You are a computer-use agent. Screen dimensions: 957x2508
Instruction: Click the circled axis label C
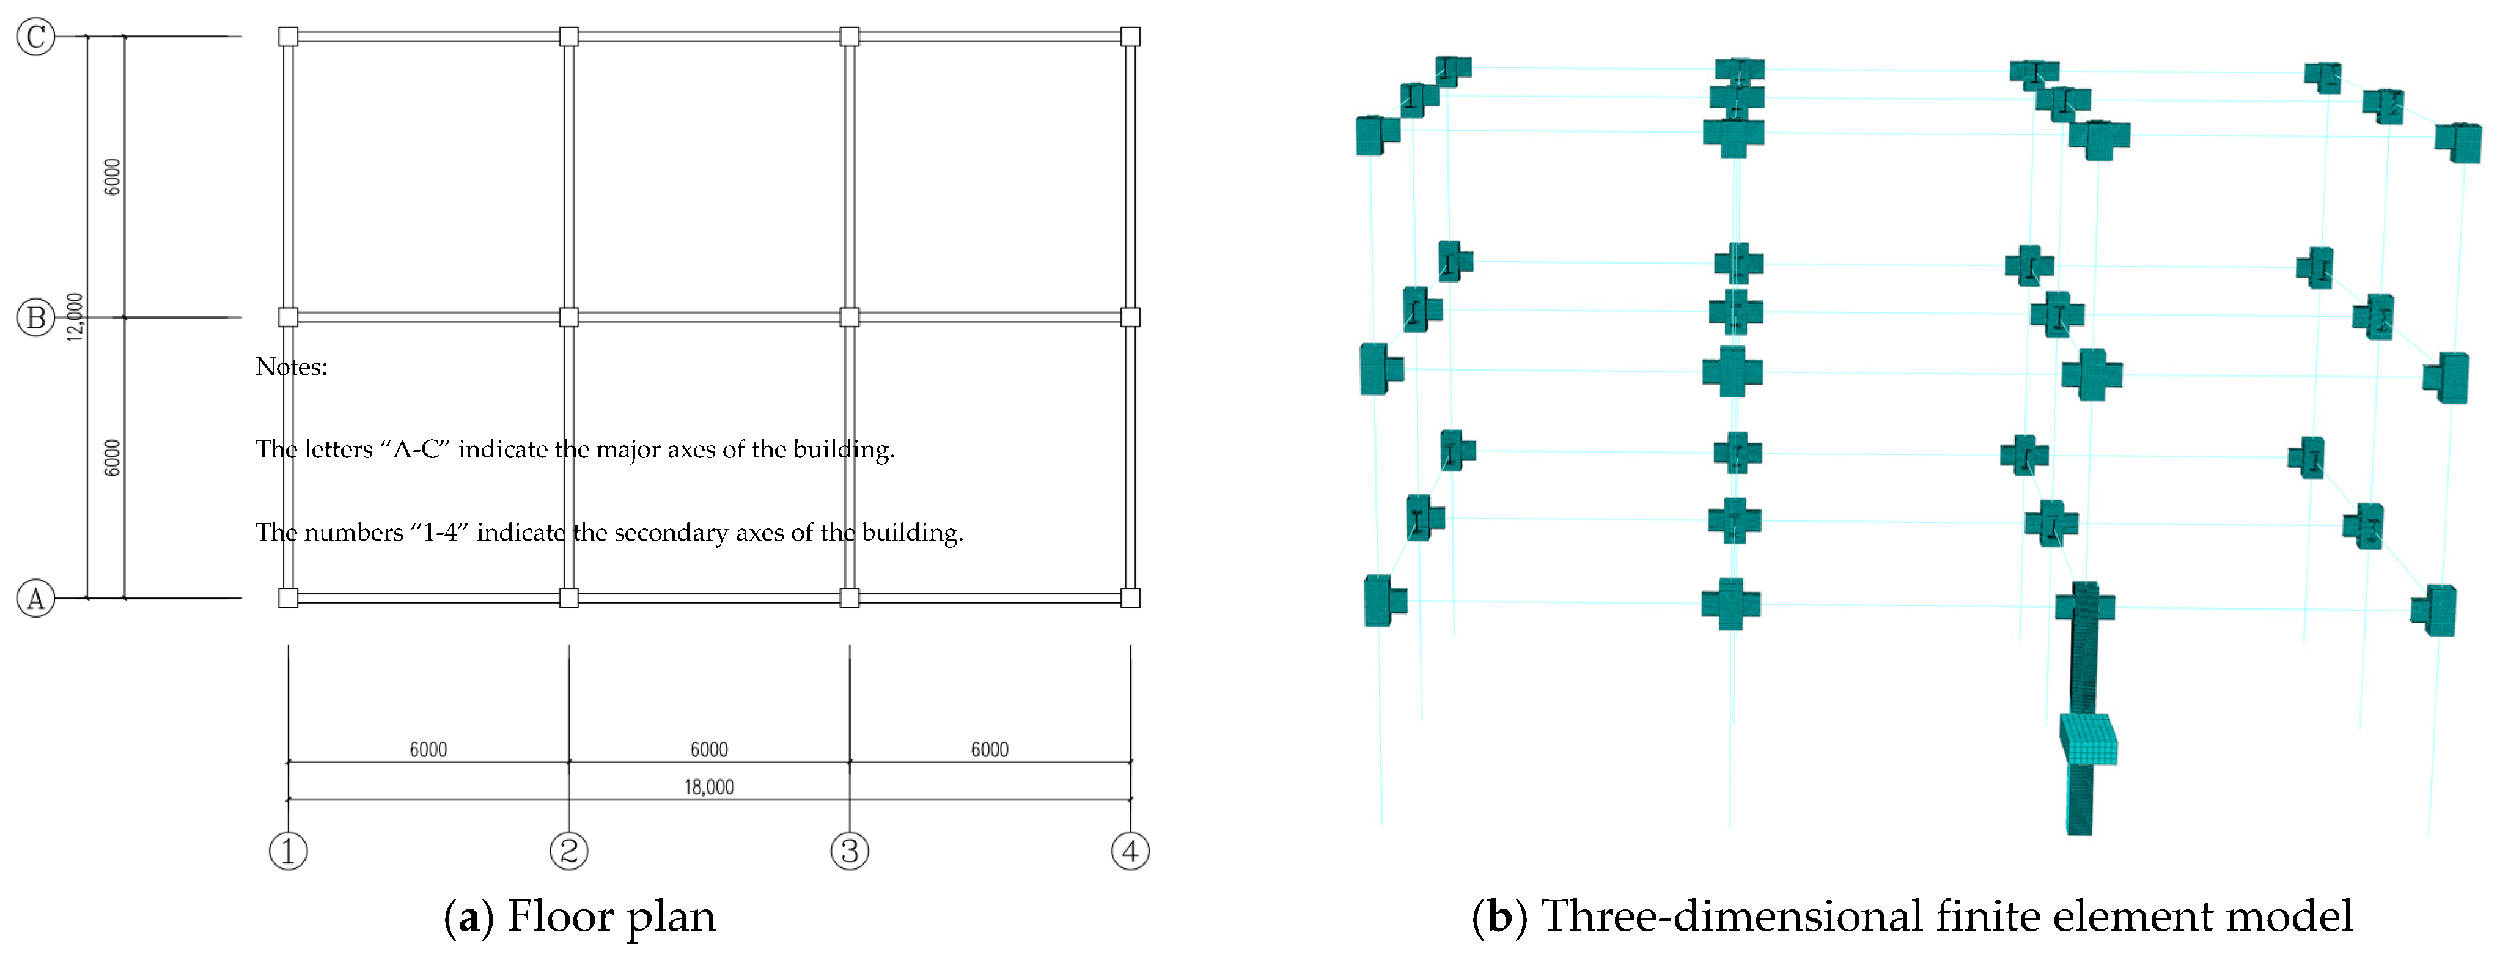click(x=36, y=37)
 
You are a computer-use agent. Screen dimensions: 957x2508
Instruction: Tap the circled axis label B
click(x=36, y=317)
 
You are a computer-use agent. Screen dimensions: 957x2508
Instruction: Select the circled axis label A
click(x=36, y=598)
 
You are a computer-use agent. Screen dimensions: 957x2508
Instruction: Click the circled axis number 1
click(x=288, y=851)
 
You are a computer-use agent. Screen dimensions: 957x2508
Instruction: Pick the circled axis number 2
click(x=568, y=851)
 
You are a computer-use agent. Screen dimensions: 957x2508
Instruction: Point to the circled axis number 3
click(x=850, y=851)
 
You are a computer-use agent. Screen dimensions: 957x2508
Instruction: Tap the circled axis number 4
click(x=1130, y=851)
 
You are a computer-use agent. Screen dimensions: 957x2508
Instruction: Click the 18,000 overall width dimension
click(x=709, y=786)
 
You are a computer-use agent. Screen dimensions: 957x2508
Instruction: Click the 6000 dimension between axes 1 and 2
click(x=428, y=748)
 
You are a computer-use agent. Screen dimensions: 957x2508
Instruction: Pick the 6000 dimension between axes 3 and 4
click(x=989, y=748)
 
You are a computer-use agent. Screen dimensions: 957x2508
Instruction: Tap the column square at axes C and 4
click(x=1130, y=37)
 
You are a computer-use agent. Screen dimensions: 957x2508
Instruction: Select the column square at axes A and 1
click(x=288, y=598)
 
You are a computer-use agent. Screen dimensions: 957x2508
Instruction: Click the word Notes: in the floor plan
click(x=291, y=367)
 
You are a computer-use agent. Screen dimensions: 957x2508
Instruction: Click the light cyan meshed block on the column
click(x=2089, y=740)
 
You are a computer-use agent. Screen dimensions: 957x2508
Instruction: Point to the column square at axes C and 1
click(x=288, y=37)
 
